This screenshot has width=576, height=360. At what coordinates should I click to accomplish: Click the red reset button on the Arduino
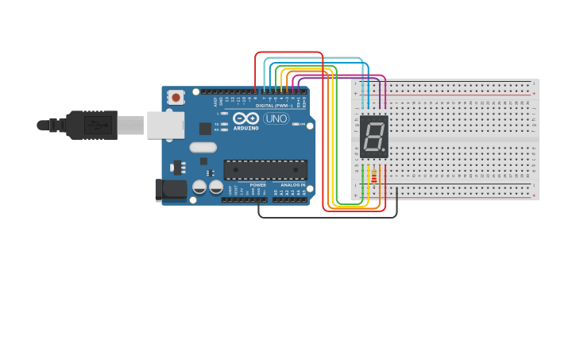point(176,97)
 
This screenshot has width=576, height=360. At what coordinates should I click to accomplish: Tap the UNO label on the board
point(276,118)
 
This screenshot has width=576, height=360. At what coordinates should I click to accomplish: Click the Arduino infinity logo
point(245,118)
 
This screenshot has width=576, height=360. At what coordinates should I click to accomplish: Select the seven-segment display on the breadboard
point(374,137)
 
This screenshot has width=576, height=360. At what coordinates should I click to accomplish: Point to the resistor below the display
point(374,178)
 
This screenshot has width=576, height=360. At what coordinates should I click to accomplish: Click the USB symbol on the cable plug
point(99,125)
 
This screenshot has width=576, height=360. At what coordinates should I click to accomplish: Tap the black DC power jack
point(170,189)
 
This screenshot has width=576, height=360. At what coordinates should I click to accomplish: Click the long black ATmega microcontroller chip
point(265,170)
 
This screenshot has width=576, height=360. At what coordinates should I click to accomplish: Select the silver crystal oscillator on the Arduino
point(203,147)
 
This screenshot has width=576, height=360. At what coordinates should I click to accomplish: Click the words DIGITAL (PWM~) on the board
point(273,106)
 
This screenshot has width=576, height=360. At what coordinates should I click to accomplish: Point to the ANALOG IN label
point(292,184)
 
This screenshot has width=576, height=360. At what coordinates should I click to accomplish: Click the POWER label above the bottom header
point(258,184)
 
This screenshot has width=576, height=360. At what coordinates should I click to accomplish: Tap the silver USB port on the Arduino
point(165,125)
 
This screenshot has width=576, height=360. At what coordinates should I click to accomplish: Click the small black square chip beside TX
point(205,128)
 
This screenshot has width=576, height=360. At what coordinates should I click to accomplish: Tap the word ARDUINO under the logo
point(245,128)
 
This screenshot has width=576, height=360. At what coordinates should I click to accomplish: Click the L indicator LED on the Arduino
point(225,114)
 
